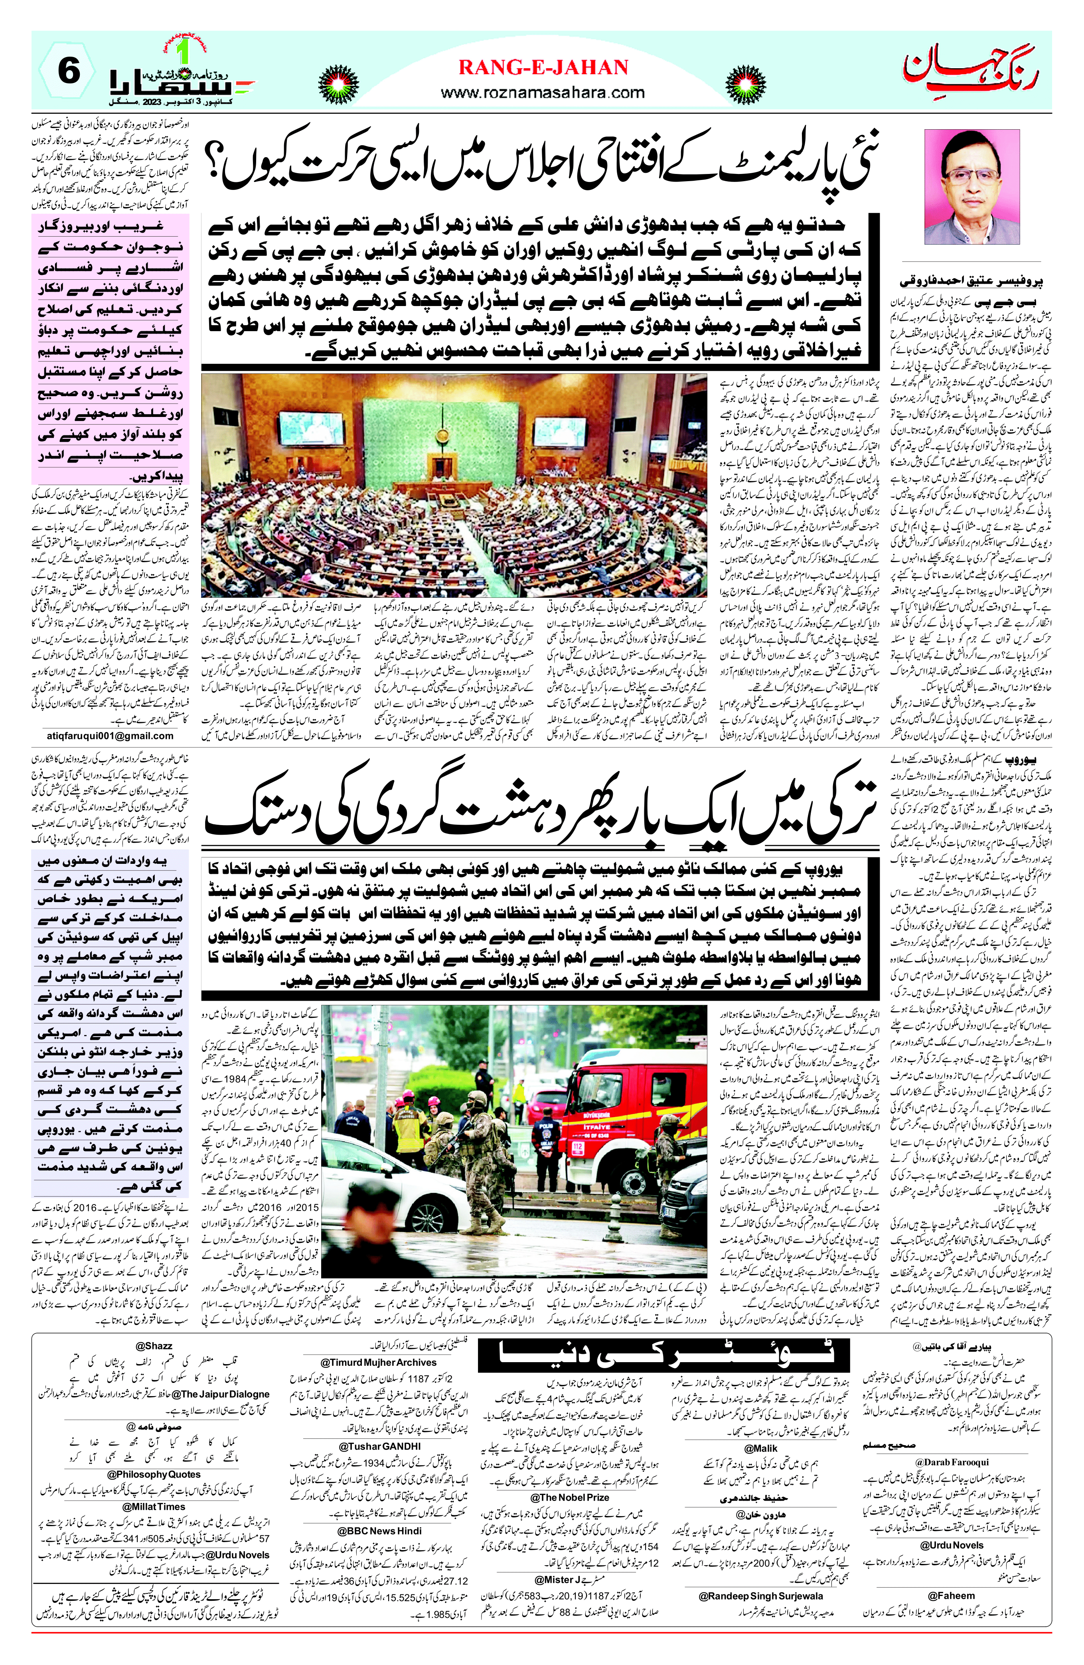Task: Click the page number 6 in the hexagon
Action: click(x=69, y=72)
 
